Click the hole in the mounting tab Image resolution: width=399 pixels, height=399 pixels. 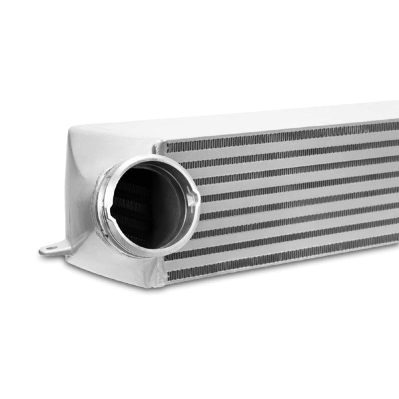(x=49, y=248)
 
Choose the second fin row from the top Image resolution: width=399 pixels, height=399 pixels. (x=279, y=151)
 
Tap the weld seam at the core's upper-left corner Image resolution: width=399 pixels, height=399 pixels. (x=159, y=146)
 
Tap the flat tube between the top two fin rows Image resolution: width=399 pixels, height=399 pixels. (x=279, y=143)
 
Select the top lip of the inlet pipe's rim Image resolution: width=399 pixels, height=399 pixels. (x=150, y=159)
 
